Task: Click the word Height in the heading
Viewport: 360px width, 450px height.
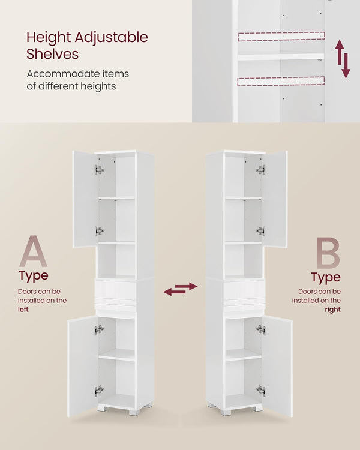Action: coord(49,38)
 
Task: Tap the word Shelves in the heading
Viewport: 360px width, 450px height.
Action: coord(53,54)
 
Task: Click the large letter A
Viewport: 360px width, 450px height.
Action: coord(34,251)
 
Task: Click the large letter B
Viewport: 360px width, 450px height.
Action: coord(328,253)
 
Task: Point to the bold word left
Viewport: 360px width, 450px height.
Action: coord(23,310)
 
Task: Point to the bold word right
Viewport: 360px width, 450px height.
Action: coord(333,310)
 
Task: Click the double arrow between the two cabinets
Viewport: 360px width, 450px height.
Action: coord(180,289)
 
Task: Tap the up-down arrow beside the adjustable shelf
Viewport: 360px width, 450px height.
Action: coord(343,59)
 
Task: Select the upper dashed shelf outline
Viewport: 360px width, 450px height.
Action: coord(281,37)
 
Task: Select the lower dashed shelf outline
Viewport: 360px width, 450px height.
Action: coord(281,82)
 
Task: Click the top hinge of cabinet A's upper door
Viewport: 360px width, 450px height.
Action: coord(100,170)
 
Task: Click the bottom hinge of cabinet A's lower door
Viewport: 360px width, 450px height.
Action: coord(99,391)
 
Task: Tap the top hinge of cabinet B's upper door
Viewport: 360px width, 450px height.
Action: coord(260,170)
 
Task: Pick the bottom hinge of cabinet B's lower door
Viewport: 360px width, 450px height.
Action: coord(261,391)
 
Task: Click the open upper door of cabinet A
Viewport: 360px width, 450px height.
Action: coord(85,199)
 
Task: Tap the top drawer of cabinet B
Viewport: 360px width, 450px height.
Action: coord(244,289)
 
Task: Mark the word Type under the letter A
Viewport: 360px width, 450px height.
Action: coord(34,276)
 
